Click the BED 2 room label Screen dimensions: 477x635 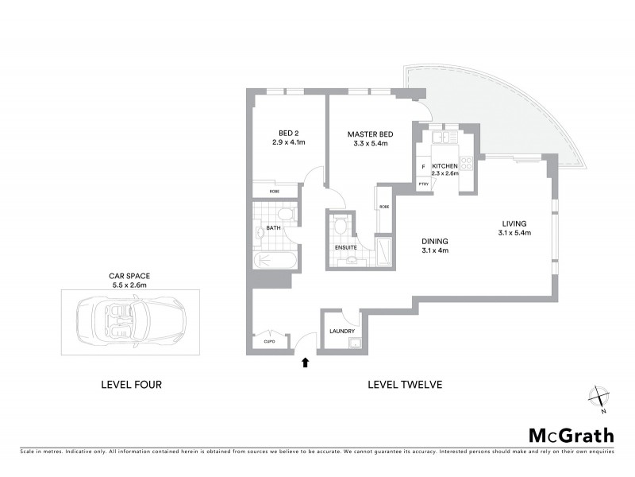(x=287, y=133)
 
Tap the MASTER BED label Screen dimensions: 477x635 (x=367, y=134)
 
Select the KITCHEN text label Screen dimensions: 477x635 (x=444, y=166)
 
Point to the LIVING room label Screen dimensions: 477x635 (x=514, y=223)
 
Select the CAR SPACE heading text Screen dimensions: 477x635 (x=129, y=275)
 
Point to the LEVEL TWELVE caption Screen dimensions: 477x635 (x=404, y=385)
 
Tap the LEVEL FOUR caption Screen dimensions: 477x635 (x=132, y=385)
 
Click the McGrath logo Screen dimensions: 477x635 (x=571, y=435)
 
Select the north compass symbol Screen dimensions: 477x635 (x=599, y=398)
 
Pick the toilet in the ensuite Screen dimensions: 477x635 (x=341, y=227)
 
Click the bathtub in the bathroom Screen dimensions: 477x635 (x=276, y=260)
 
